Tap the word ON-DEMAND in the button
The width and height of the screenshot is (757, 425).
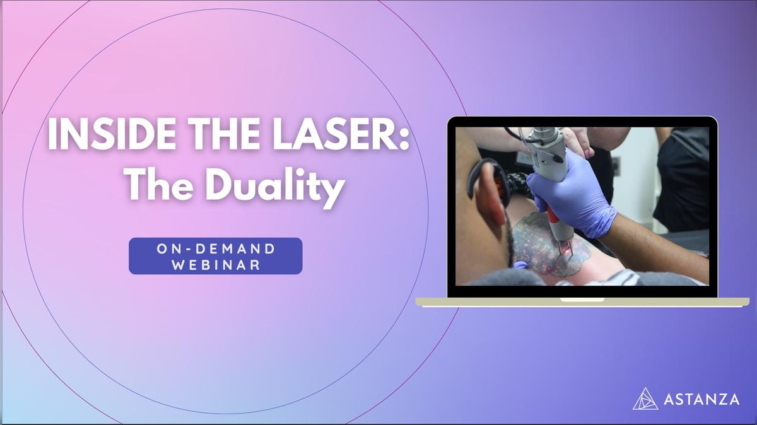(216, 248)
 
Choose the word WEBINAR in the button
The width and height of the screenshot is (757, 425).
(216, 265)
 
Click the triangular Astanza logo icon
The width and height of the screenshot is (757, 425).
(645, 399)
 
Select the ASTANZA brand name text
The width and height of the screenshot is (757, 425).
(701, 399)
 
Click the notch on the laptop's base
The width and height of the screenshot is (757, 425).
(582, 300)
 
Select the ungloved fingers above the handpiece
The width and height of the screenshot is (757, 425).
(577, 142)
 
